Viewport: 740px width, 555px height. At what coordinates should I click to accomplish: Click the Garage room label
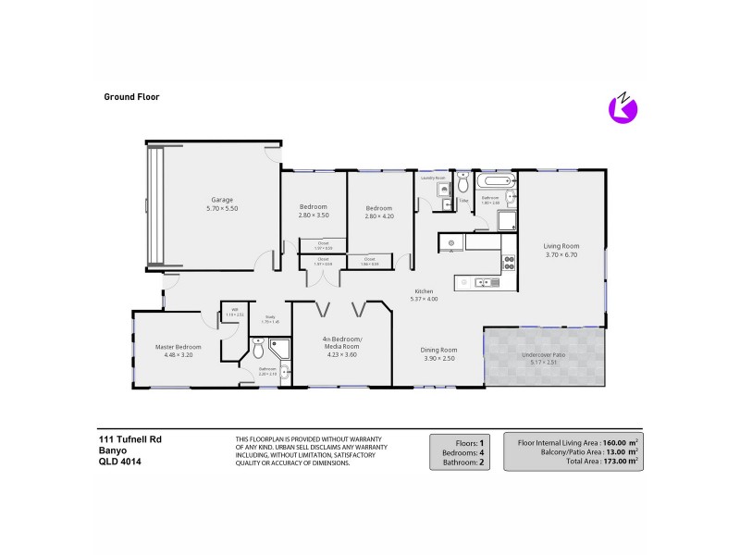[x=221, y=200]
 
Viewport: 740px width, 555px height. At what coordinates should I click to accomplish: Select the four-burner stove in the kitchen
[x=507, y=262]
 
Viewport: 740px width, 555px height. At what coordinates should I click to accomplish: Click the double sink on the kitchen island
[x=483, y=282]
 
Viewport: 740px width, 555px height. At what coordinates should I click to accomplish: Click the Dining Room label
[x=439, y=350]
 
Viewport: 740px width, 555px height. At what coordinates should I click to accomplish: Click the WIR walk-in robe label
[x=234, y=310]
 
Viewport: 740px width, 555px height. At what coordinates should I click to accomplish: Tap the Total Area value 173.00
[x=617, y=460]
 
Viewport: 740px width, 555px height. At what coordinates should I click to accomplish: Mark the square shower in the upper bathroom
[x=507, y=220]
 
